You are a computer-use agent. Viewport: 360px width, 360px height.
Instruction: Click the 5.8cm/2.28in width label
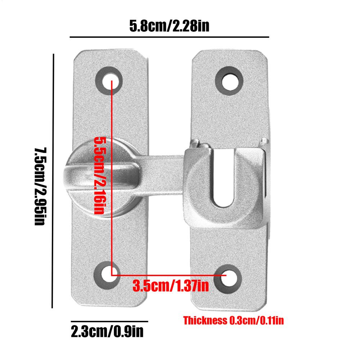tap(169, 26)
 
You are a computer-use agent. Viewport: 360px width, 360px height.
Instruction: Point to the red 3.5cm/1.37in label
tap(171, 286)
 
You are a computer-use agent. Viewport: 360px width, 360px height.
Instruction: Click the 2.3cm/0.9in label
tap(107, 331)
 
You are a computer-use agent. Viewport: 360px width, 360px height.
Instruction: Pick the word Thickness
tap(205, 320)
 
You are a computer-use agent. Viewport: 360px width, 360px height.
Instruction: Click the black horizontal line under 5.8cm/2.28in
tap(169, 37)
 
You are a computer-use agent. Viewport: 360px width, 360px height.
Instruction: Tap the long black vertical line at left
tap(53, 180)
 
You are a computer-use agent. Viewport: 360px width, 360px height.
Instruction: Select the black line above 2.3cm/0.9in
tap(109, 321)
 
